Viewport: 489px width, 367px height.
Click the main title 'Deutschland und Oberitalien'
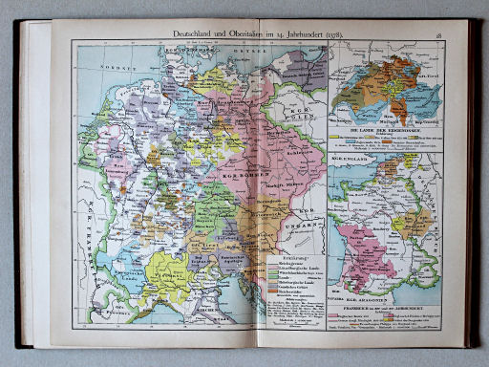pos(216,34)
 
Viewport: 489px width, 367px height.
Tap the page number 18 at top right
pos(462,34)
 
